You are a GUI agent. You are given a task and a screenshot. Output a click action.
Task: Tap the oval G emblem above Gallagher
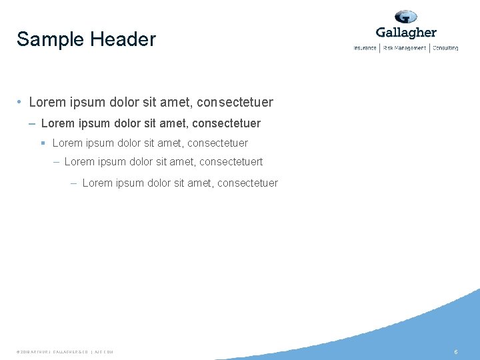pyautogui.click(x=405, y=17)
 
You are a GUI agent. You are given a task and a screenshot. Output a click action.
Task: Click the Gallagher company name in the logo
pyautogui.click(x=406, y=33)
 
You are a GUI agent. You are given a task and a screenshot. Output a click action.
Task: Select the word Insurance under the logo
pyautogui.click(x=365, y=48)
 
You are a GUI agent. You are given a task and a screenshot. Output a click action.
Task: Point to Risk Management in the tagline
pyautogui.click(x=404, y=48)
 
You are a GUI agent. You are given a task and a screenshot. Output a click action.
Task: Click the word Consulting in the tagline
pyautogui.click(x=445, y=48)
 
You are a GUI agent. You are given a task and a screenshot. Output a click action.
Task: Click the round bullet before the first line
pyautogui.click(x=21, y=103)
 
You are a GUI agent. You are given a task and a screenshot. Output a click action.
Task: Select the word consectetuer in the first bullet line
pyautogui.click(x=236, y=103)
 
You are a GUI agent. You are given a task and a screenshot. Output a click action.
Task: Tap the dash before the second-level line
pyautogui.click(x=33, y=123)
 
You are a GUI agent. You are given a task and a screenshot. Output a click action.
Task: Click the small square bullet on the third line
pyautogui.click(x=43, y=143)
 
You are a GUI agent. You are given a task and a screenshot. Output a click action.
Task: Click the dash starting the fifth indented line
pyautogui.click(x=73, y=183)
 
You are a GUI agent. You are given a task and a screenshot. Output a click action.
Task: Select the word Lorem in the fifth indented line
pyautogui.click(x=97, y=183)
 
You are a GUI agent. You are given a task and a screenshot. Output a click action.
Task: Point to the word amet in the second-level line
pyautogui.click(x=175, y=123)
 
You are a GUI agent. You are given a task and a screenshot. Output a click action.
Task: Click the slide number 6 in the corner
pyautogui.click(x=456, y=351)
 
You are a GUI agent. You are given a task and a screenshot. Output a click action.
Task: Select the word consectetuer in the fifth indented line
pyautogui.click(x=247, y=183)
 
